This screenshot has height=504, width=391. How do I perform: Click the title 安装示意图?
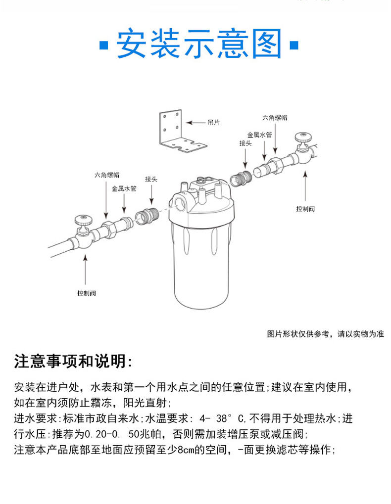tap(199, 45)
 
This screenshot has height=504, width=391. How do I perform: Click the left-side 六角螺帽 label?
tap(107, 175)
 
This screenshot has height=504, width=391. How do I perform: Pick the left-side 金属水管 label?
tap(124, 188)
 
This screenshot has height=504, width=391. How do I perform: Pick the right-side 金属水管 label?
tap(260, 134)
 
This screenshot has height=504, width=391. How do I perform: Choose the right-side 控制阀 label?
tap(305, 209)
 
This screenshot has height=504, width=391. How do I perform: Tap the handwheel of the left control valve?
tap(82, 219)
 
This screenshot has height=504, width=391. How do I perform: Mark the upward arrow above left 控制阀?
tap(86, 270)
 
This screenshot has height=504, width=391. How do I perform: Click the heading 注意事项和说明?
tap(73, 362)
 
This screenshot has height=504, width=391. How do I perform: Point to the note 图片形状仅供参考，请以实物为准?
tap(325, 334)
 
